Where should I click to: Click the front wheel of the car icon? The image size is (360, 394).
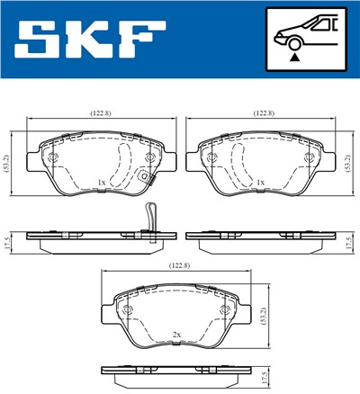pyautogui.click(x=290, y=41)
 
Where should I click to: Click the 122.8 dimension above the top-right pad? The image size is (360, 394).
pyautogui.click(x=262, y=114)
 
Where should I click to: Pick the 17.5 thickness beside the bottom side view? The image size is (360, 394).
pyautogui.click(x=262, y=377)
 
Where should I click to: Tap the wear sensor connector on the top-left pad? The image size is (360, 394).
pyautogui.click(x=144, y=176)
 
